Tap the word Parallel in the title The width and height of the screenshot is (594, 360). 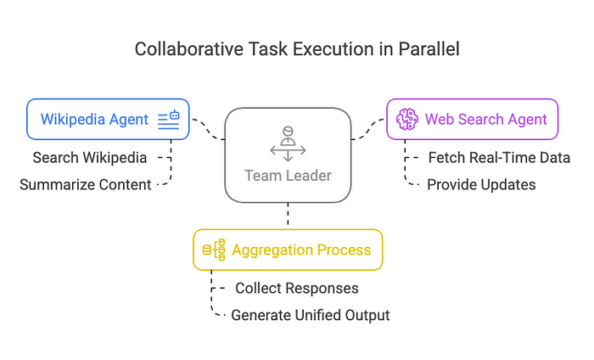pyautogui.click(x=429, y=49)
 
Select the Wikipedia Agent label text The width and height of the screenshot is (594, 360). pyautogui.click(x=94, y=120)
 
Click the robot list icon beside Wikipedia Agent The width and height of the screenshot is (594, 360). pyautogui.click(x=169, y=120)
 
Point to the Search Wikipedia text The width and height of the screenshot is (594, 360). pyautogui.click(x=90, y=158)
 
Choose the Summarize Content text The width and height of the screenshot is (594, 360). pyautogui.click(x=85, y=184)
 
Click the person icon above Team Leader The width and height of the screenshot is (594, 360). pyautogui.click(x=288, y=144)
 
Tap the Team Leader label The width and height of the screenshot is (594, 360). pyautogui.click(x=288, y=176)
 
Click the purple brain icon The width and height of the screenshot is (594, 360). pyautogui.click(x=407, y=120)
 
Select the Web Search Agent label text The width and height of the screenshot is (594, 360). pyautogui.click(x=485, y=120)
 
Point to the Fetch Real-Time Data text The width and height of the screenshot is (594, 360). pyautogui.click(x=499, y=158)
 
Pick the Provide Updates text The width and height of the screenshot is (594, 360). pyautogui.click(x=481, y=184)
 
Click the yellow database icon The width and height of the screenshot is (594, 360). pyautogui.click(x=214, y=250)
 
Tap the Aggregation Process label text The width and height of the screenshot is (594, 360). pyautogui.click(x=301, y=250)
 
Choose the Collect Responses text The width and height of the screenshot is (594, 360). pyautogui.click(x=297, y=289)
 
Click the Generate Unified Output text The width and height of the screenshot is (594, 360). pyautogui.click(x=311, y=315)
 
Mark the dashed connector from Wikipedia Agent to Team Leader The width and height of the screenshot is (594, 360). pyautogui.click(x=208, y=130)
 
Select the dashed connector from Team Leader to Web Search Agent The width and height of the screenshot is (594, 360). pyautogui.click(x=367, y=130)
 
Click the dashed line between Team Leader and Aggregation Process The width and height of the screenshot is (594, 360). pyautogui.click(x=288, y=214)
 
